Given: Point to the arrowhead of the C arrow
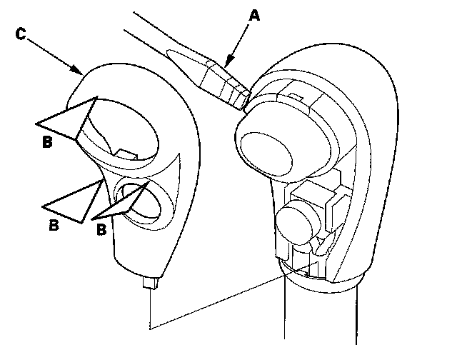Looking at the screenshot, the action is pyautogui.click(x=79, y=72).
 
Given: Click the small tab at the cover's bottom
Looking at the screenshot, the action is pyautogui.click(x=150, y=284).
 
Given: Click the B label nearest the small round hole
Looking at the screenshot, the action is pyautogui.click(x=102, y=230).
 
